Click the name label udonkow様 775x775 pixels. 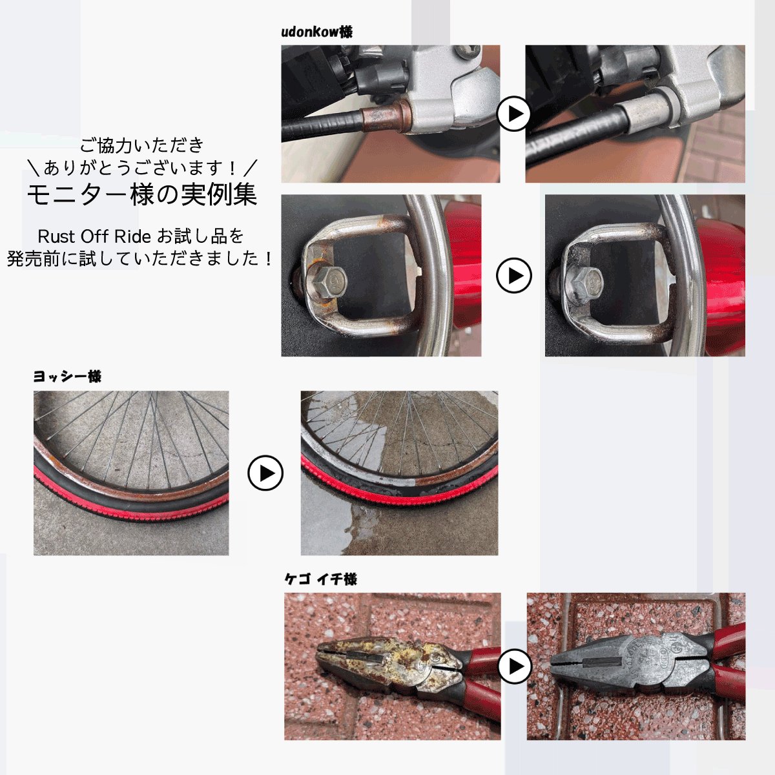pyautogui.click(x=316, y=32)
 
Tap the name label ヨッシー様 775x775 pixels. pyautogui.click(x=67, y=376)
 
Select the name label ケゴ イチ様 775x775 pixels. pyautogui.click(x=320, y=579)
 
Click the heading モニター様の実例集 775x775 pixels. pyautogui.click(x=141, y=194)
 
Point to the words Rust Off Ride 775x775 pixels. pyautogui.click(x=94, y=236)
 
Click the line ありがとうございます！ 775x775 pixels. pyautogui.click(x=141, y=168)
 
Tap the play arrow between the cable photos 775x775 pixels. pyautogui.click(x=513, y=114)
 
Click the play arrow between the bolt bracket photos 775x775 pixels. pyautogui.click(x=513, y=276)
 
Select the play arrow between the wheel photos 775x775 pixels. pyautogui.click(x=265, y=473)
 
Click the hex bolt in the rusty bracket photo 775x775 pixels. pyautogui.click(x=328, y=280)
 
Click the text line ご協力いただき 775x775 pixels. pyautogui.click(x=141, y=145)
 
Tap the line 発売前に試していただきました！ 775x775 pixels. pyautogui.click(x=141, y=258)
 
